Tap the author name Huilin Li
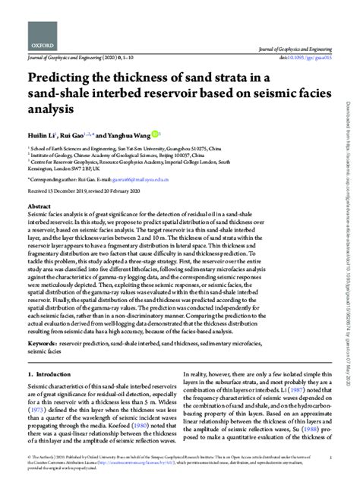[x=45, y=133]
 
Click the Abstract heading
[x=39, y=206]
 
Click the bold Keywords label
[x=42, y=321]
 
